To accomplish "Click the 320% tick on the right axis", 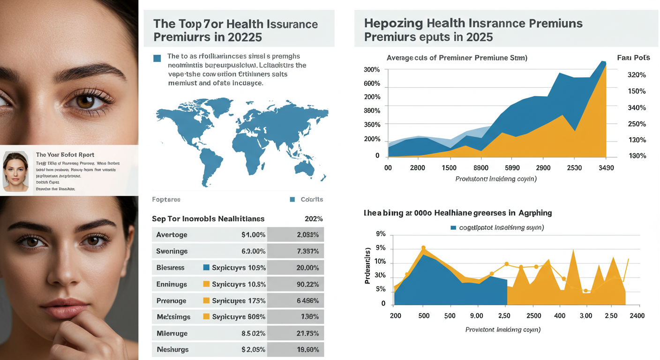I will coord(636,75).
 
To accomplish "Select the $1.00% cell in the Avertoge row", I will coord(253,235).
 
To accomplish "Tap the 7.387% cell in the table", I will coord(307,251).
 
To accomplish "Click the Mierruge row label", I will coord(172,333).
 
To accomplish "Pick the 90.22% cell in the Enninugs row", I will coord(307,284).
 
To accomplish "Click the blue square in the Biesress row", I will coord(206,268).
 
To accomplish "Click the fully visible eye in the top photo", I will coord(87,99).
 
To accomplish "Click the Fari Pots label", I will coord(633,58).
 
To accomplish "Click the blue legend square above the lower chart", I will coord(453,228).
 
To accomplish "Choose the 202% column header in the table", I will coord(313,219).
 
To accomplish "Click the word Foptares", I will coord(166,200).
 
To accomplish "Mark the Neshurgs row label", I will coord(172,350).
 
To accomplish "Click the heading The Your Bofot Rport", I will coord(65,155).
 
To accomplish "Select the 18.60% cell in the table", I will coord(307,350).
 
